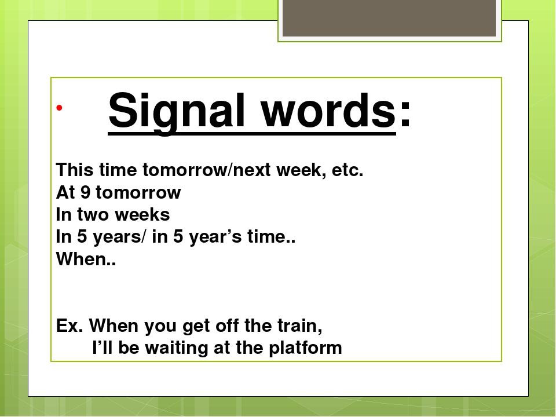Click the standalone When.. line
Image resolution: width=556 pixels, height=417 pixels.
[x=86, y=259]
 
